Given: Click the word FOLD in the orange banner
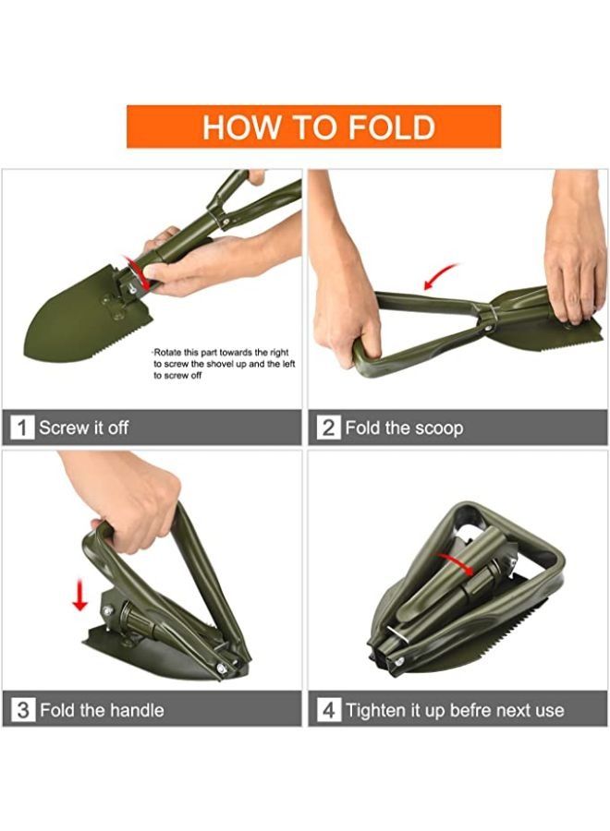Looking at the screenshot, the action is (x=392, y=127).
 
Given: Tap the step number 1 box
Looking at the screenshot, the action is (x=22, y=428).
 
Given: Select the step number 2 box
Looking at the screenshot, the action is (x=328, y=428).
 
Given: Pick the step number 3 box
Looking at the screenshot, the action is (x=22, y=710).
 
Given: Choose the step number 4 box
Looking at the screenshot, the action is (x=328, y=710).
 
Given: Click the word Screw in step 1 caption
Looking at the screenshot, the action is (x=60, y=428).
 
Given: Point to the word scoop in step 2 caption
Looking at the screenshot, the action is (x=439, y=428).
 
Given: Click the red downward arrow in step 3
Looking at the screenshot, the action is (x=80, y=596).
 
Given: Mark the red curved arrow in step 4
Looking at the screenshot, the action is (x=455, y=563).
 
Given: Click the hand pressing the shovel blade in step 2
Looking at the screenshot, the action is (x=576, y=249).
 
